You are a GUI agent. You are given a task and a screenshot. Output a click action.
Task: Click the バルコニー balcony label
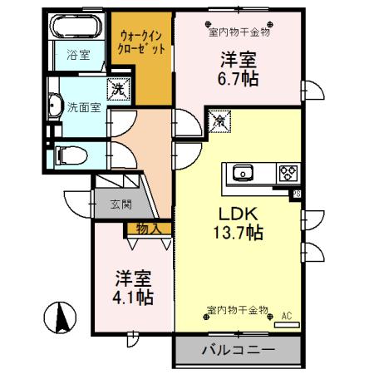point(238,350)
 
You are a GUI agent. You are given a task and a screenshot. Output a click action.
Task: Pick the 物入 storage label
point(147,228)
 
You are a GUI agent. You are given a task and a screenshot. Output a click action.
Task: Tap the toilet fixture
point(67,155)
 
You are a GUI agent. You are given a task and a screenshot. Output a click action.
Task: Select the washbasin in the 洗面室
point(56,105)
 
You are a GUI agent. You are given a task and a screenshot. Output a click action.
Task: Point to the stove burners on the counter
point(288,173)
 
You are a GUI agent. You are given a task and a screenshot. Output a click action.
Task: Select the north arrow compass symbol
point(61,318)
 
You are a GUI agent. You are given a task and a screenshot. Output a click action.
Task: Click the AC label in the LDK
point(287,317)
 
